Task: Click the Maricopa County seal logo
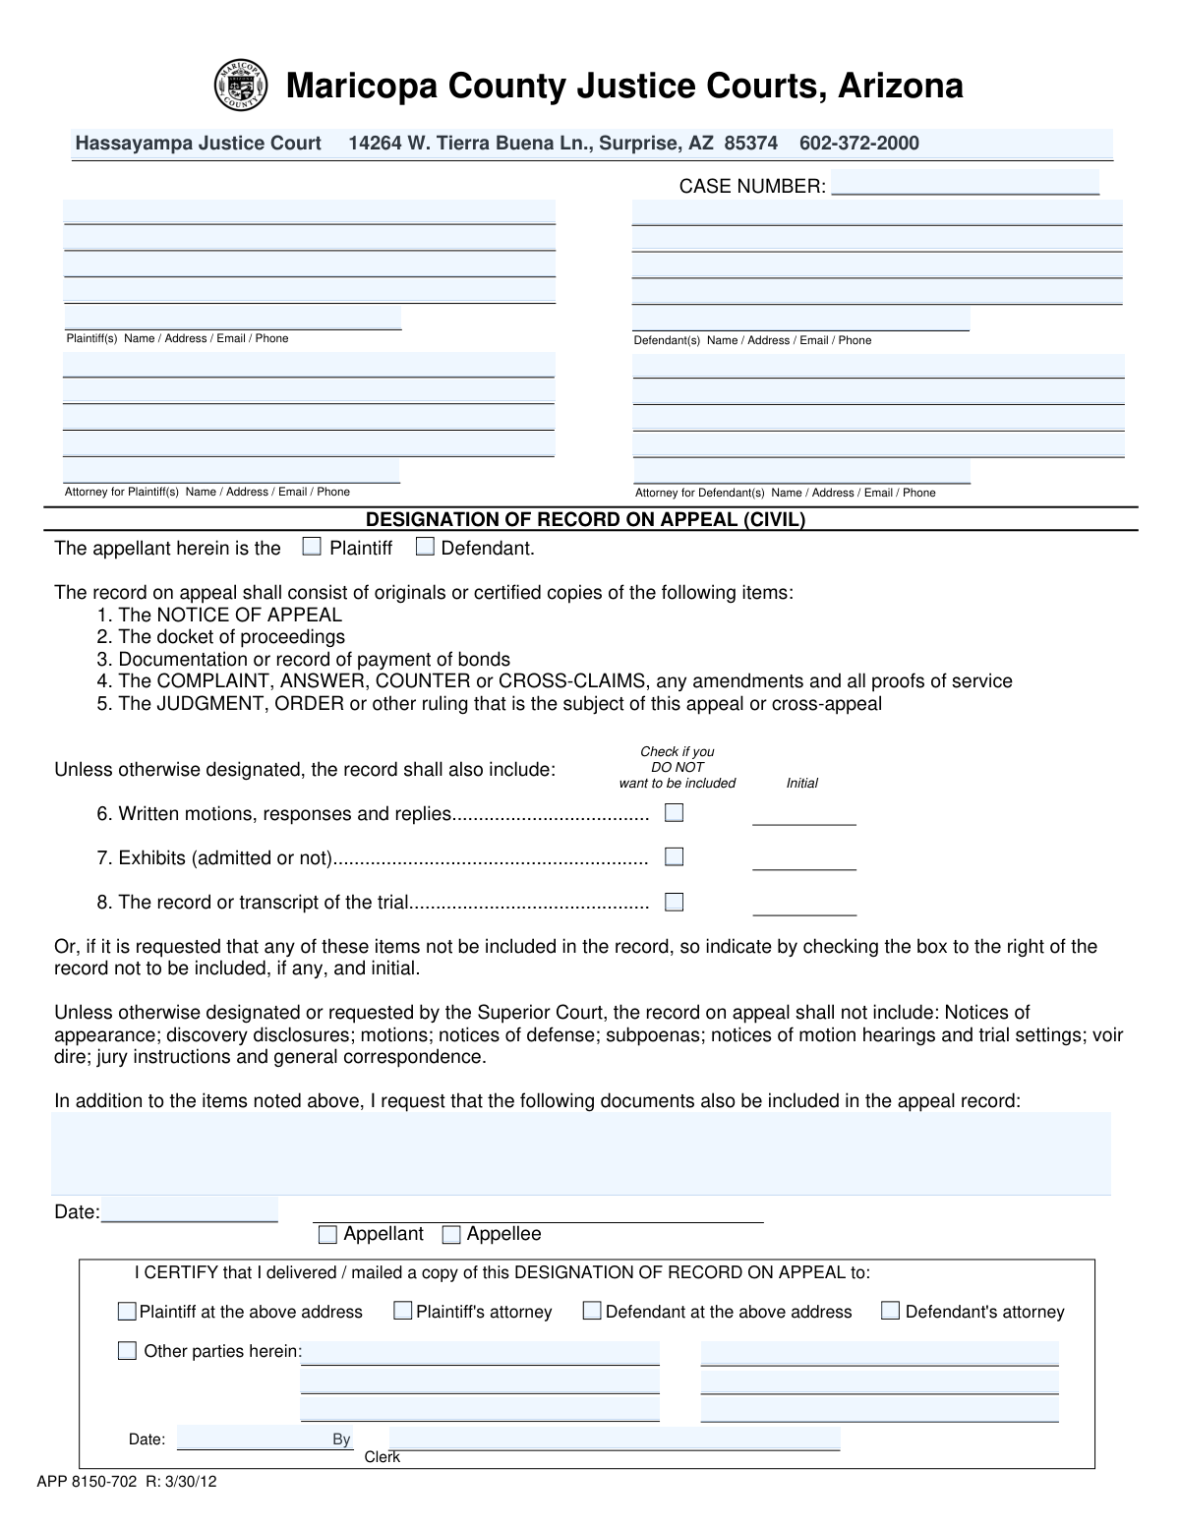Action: [240, 87]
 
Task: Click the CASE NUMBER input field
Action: [965, 184]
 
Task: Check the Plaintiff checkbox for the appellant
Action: [312, 548]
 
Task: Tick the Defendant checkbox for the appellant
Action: [425, 548]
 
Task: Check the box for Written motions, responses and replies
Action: [674, 813]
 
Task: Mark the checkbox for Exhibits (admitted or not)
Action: [674, 857]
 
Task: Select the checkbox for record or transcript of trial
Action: [674, 902]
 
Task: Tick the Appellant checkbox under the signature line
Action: [327, 1235]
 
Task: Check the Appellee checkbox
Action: [451, 1235]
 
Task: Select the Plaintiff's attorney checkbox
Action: [402, 1311]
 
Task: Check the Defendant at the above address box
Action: [592, 1311]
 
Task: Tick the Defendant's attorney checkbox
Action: [890, 1311]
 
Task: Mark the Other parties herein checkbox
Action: [127, 1351]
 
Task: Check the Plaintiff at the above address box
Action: [127, 1311]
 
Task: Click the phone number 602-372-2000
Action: [858, 144]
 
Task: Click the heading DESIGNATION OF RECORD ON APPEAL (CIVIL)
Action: [585, 519]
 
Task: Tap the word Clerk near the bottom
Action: [382, 1457]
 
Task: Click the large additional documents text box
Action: [580, 1152]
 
